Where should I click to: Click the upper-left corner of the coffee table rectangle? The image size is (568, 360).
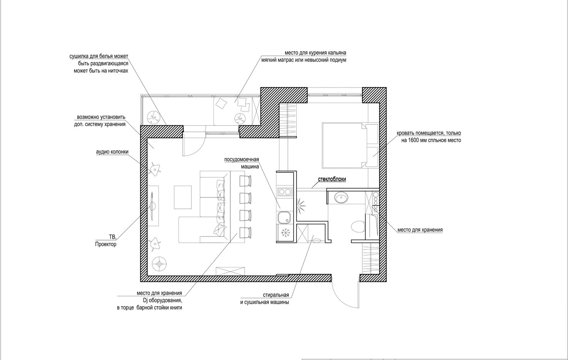[174, 186]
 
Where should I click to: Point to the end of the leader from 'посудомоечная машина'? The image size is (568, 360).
[280, 208]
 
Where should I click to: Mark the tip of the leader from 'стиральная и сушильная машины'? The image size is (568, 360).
[314, 235]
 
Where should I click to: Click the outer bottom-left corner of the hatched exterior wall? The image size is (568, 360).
[140, 282]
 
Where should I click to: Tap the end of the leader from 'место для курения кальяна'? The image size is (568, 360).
[235, 103]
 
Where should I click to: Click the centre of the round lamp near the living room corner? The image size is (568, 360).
[159, 264]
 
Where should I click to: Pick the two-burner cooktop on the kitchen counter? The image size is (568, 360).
[284, 192]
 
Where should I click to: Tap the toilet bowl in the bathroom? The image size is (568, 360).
[358, 226]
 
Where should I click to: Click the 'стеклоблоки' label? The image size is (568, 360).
[332, 179]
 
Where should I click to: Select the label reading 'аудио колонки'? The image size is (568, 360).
[112, 152]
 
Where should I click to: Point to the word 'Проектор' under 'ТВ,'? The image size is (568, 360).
[106, 244]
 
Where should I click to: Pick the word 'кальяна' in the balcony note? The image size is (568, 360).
[337, 53]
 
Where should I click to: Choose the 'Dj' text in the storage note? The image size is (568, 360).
[145, 301]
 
